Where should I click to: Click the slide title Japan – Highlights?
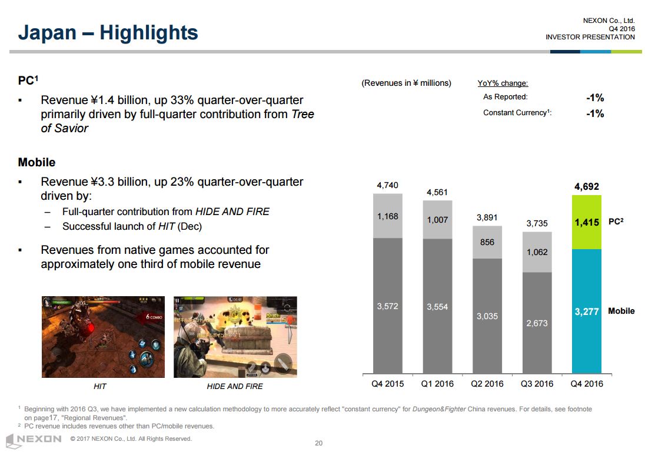pos(108,32)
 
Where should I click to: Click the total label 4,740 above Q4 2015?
pos(387,186)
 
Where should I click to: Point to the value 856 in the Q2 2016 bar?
pos(487,242)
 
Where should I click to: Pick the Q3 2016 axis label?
pos(537,384)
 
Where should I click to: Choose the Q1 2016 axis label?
pos(437,384)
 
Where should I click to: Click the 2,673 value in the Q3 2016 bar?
pos(537,323)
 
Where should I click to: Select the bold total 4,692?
pos(586,187)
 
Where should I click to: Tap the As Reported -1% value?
pos(595,98)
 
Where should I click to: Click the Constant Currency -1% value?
pos(595,113)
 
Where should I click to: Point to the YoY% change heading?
pos(503,83)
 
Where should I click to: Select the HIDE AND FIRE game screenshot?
pos(235,337)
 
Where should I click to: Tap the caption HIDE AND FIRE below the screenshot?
pos(235,386)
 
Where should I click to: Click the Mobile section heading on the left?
pos(37,162)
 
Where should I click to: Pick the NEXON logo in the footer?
pos(34,439)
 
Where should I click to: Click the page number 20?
pos(319,443)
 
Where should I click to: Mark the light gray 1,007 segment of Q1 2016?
pos(437,220)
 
